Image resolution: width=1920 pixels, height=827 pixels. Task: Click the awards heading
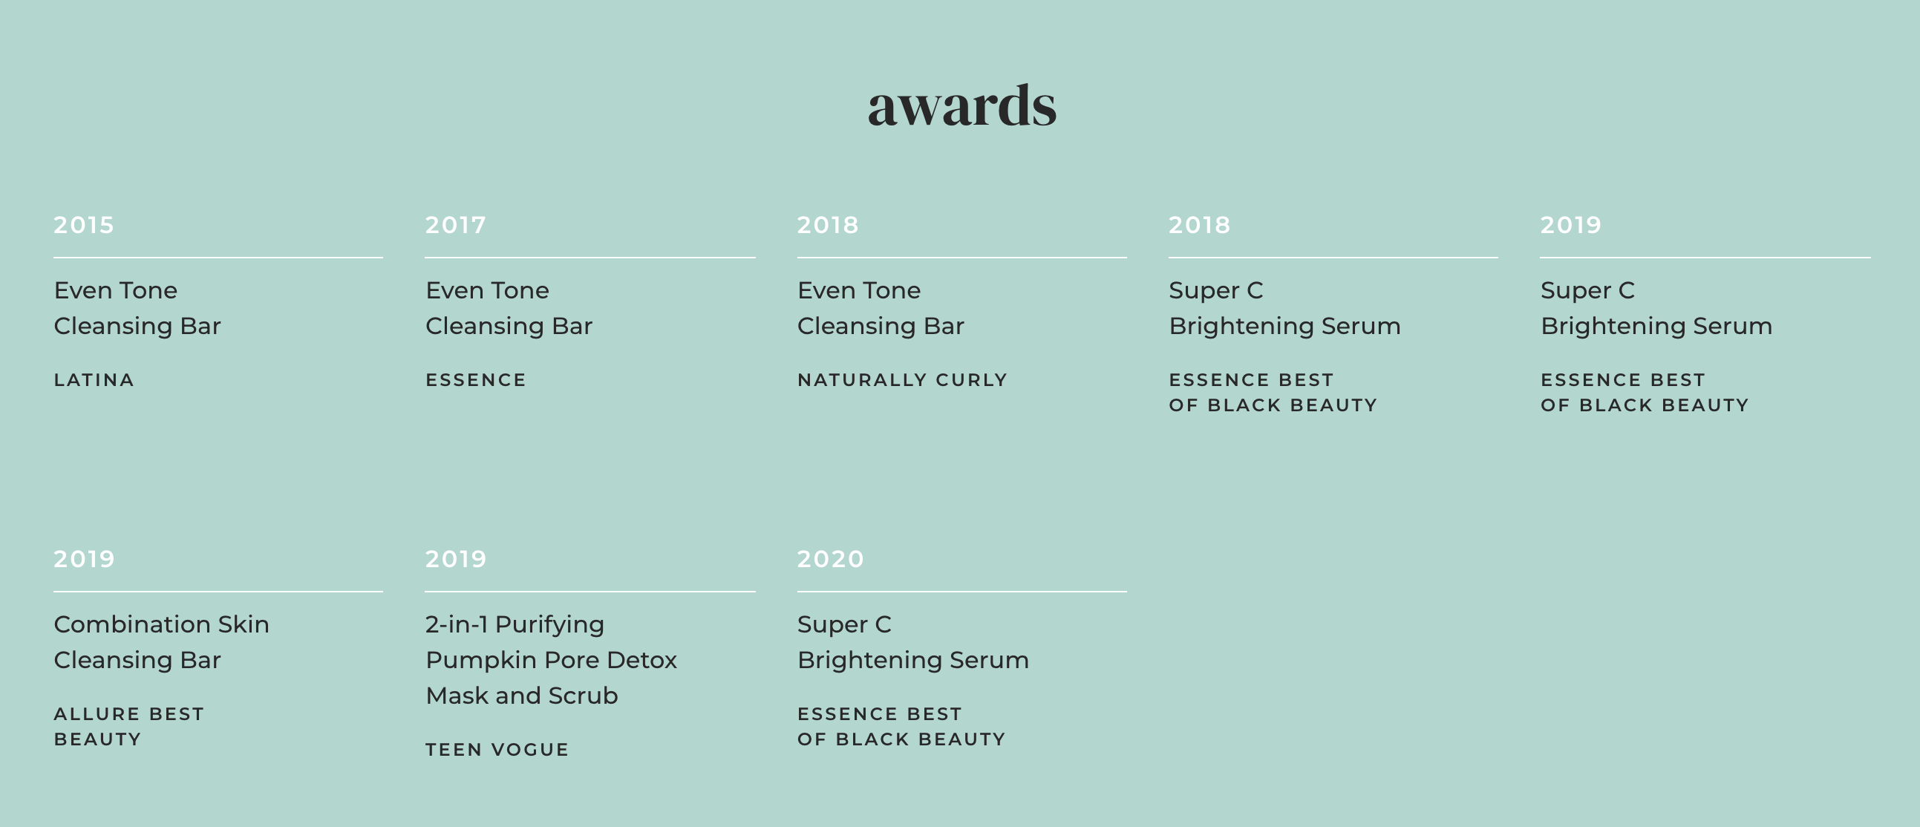pyautogui.click(x=961, y=105)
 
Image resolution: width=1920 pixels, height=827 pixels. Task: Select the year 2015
pyautogui.click(x=83, y=225)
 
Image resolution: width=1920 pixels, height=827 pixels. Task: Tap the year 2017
pyautogui.click(x=455, y=225)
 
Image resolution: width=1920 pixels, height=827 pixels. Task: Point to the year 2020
pyautogui.click(x=830, y=559)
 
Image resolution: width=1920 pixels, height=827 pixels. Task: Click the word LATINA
pyautogui.click(x=94, y=380)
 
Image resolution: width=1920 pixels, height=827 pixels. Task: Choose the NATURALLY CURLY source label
pyautogui.click(x=902, y=380)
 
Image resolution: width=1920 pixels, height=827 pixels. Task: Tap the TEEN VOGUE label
pyautogui.click(x=497, y=750)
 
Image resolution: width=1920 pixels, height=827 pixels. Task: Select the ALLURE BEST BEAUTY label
pyautogui.click(x=129, y=727)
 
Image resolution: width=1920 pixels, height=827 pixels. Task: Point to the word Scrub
pyautogui.click(x=583, y=695)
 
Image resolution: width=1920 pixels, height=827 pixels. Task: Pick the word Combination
pyautogui.click(x=132, y=624)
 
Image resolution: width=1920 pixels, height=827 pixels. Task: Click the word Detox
pyautogui.click(x=641, y=660)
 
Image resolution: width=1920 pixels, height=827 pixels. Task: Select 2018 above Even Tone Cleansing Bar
pyautogui.click(x=828, y=225)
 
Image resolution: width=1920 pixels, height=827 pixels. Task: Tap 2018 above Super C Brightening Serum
pyautogui.click(x=1199, y=225)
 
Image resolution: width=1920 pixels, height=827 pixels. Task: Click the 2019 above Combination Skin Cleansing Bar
pyautogui.click(x=84, y=559)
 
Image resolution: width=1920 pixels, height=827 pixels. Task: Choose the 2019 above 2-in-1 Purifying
pyautogui.click(x=456, y=559)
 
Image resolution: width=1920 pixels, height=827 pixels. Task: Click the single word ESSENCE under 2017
pyautogui.click(x=475, y=380)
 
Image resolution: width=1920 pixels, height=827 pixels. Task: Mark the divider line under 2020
pyautogui.click(x=962, y=592)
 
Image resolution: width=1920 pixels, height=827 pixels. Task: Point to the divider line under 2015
pyautogui.click(x=218, y=258)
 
